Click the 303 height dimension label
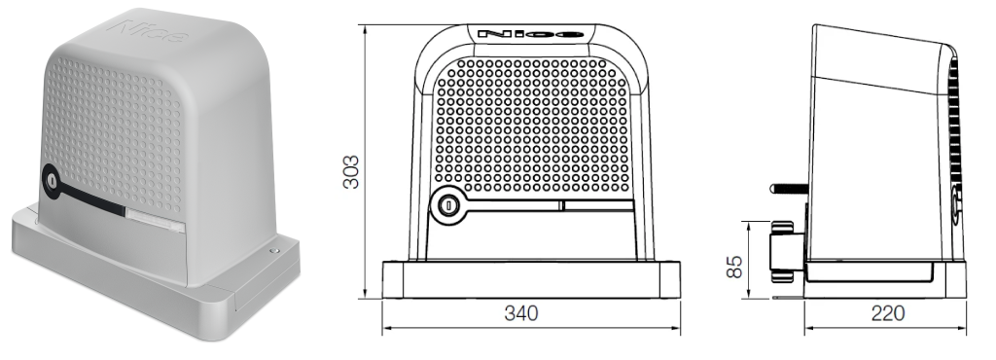[x=351, y=171]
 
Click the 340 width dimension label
[x=521, y=313]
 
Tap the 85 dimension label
[x=734, y=266]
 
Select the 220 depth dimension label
[x=887, y=313]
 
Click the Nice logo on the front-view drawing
[x=530, y=34]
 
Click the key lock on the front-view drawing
[x=448, y=205]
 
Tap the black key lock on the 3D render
[x=51, y=180]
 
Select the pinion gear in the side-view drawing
[x=783, y=251]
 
